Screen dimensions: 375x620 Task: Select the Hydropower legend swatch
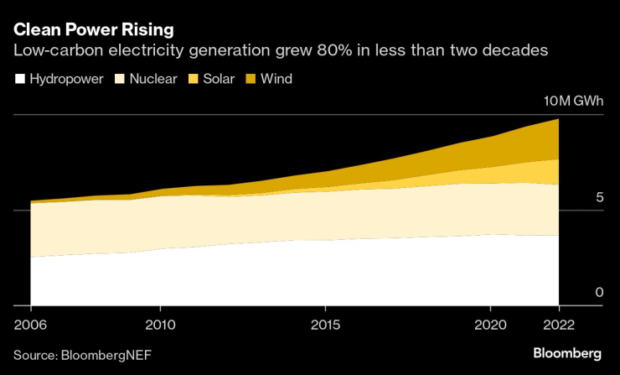point(19,79)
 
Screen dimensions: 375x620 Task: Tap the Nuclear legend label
point(152,79)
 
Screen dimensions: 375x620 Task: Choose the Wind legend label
point(276,79)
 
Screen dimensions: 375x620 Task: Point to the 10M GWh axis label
point(574,102)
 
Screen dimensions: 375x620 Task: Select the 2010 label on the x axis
point(159,324)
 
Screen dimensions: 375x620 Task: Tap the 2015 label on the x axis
point(325,324)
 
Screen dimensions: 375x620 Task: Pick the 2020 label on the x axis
point(491,324)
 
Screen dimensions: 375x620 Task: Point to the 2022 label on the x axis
point(557,324)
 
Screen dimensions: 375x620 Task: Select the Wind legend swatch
point(250,79)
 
